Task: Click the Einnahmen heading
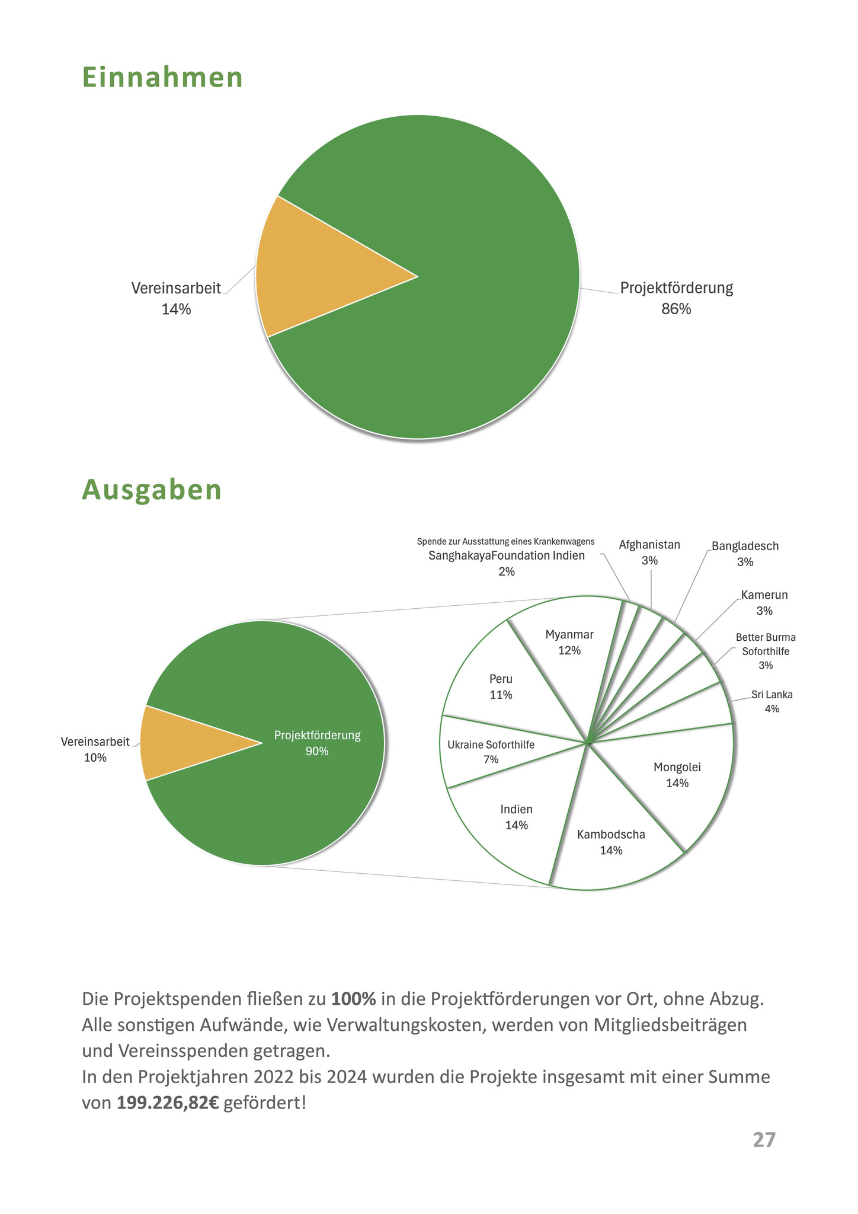162,78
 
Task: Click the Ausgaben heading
152,490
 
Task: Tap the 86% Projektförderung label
676,298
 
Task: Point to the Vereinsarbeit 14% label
176,298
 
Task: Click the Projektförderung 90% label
317,743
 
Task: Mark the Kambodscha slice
611,842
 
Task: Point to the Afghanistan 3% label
649,552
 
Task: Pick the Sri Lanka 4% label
771,701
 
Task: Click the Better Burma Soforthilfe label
766,651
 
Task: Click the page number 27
764,1140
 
